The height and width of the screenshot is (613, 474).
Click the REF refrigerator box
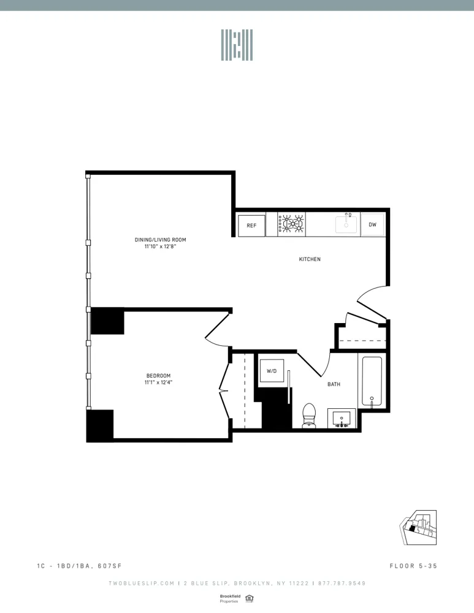[251, 226]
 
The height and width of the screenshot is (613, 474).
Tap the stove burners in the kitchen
[292, 224]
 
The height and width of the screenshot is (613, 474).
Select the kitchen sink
[346, 224]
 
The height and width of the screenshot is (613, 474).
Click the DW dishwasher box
[372, 225]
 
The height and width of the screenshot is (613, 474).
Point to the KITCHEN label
[310, 259]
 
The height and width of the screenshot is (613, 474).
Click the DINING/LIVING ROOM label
[161, 240]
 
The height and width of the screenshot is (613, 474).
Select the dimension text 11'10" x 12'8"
[161, 246]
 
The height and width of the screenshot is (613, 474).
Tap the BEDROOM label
[158, 376]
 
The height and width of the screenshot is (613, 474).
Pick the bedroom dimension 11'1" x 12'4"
[158, 383]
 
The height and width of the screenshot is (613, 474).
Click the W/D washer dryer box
[272, 371]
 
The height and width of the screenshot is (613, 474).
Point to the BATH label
[334, 384]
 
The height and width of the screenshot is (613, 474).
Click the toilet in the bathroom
[309, 416]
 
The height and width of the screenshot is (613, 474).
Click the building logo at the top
[237, 45]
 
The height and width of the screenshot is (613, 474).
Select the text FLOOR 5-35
[413, 566]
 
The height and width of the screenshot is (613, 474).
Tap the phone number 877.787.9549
[342, 583]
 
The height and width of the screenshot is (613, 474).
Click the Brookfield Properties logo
[229, 598]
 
